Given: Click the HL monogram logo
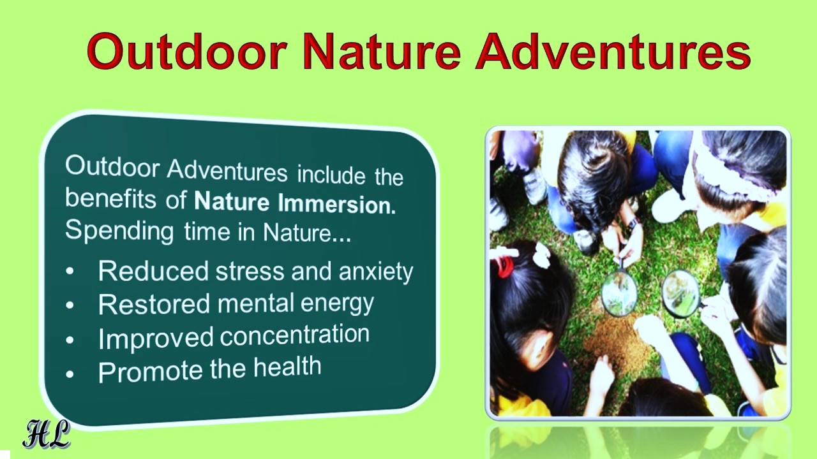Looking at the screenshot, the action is click(47, 434).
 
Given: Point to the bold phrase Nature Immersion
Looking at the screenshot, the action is click(295, 203).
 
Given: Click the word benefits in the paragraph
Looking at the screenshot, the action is click(110, 199).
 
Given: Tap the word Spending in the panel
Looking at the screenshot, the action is click(119, 231).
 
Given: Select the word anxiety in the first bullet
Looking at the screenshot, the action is click(376, 272).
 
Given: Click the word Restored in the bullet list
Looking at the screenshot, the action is click(154, 304).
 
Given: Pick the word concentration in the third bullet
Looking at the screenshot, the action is click(295, 335).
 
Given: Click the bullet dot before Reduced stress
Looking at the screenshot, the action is click(70, 272).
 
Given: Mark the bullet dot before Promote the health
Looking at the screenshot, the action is click(70, 374).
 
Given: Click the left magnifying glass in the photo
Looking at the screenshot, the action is click(619, 293).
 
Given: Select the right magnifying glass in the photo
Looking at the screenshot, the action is click(680, 293).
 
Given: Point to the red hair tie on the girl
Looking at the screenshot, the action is click(504, 266).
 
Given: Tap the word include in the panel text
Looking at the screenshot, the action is click(331, 175).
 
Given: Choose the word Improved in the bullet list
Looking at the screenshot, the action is click(156, 338).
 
